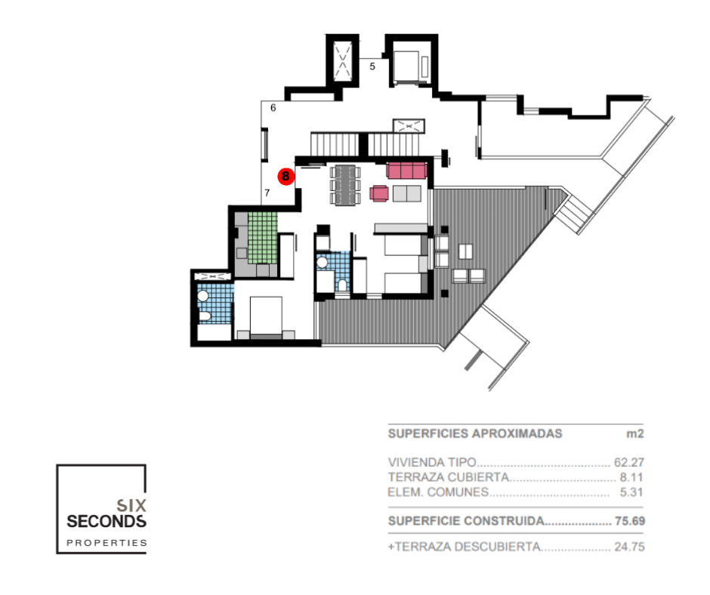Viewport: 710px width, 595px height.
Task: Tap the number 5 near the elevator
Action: pos(372,66)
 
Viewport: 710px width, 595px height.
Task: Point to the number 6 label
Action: pos(273,108)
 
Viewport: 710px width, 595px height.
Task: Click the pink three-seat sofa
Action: pos(407,170)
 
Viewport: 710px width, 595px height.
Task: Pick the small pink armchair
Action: pos(379,194)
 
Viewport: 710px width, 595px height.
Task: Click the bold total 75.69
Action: pos(629,521)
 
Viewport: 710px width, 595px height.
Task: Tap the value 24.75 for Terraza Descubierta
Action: pos(629,547)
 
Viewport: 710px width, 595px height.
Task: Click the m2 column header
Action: pos(634,434)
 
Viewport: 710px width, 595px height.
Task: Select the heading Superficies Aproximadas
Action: pos(475,434)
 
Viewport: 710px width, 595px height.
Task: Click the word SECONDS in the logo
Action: pos(106,522)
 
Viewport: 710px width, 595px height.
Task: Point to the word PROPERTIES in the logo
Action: pos(106,542)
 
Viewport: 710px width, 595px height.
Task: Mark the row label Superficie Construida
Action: pos(465,521)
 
